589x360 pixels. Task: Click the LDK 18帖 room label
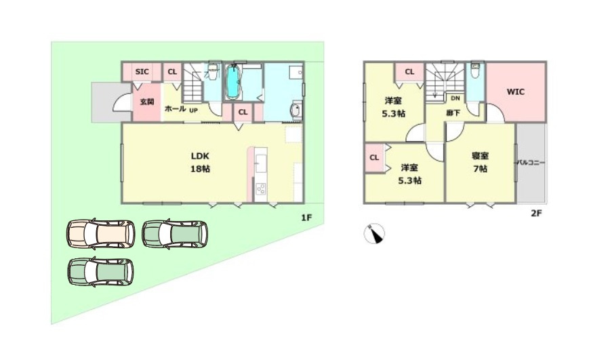click(200, 162)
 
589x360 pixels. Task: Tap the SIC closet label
click(142, 71)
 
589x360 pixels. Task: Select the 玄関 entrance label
click(147, 102)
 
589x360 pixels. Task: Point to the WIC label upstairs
click(515, 92)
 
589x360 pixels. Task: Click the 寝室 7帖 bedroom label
click(480, 162)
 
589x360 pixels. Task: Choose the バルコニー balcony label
click(531, 163)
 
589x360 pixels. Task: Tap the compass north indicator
click(375, 233)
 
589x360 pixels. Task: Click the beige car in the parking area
click(101, 234)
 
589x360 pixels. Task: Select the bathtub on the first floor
click(232, 83)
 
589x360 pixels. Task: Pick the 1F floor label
click(306, 217)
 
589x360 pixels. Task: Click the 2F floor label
click(536, 213)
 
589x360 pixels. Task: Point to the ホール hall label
click(175, 108)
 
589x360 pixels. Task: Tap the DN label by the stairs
click(455, 98)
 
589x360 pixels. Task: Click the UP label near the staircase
click(193, 111)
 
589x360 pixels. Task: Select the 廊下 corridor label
click(453, 113)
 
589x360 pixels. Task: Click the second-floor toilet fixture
click(476, 70)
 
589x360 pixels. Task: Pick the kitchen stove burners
click(261, 189)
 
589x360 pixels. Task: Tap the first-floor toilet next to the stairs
click(213, 71)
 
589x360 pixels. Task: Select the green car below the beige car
click(101, 272)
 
